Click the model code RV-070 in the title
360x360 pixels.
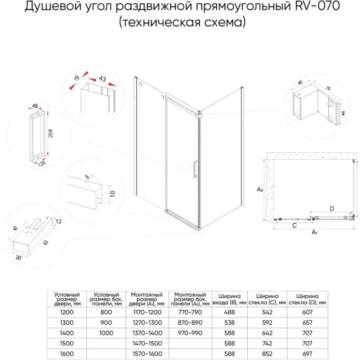[318, 6]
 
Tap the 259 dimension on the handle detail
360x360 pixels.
[51, 133]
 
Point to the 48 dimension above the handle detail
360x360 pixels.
[35, 106]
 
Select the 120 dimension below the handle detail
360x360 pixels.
[42, 164]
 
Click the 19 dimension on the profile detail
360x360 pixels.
[77, 78]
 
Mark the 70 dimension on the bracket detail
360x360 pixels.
[328, 88]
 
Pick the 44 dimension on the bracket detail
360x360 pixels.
[344, 113]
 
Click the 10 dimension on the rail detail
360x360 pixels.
[113, 193]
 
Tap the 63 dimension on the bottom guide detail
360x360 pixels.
[46, 243]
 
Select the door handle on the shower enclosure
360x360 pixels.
[195, 169]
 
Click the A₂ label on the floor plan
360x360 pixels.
[260, 190]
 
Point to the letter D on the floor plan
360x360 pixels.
[331, 209]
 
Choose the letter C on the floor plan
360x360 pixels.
[295, 226]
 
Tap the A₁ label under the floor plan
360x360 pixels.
[314, 233]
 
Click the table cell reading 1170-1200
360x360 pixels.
[147, 312]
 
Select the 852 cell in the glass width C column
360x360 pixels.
[267, 354]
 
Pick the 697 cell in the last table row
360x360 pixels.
[307, 354]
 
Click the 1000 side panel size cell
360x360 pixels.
[106, 333]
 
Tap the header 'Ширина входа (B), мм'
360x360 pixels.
[229, 299]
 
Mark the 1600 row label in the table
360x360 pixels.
[67, 354]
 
